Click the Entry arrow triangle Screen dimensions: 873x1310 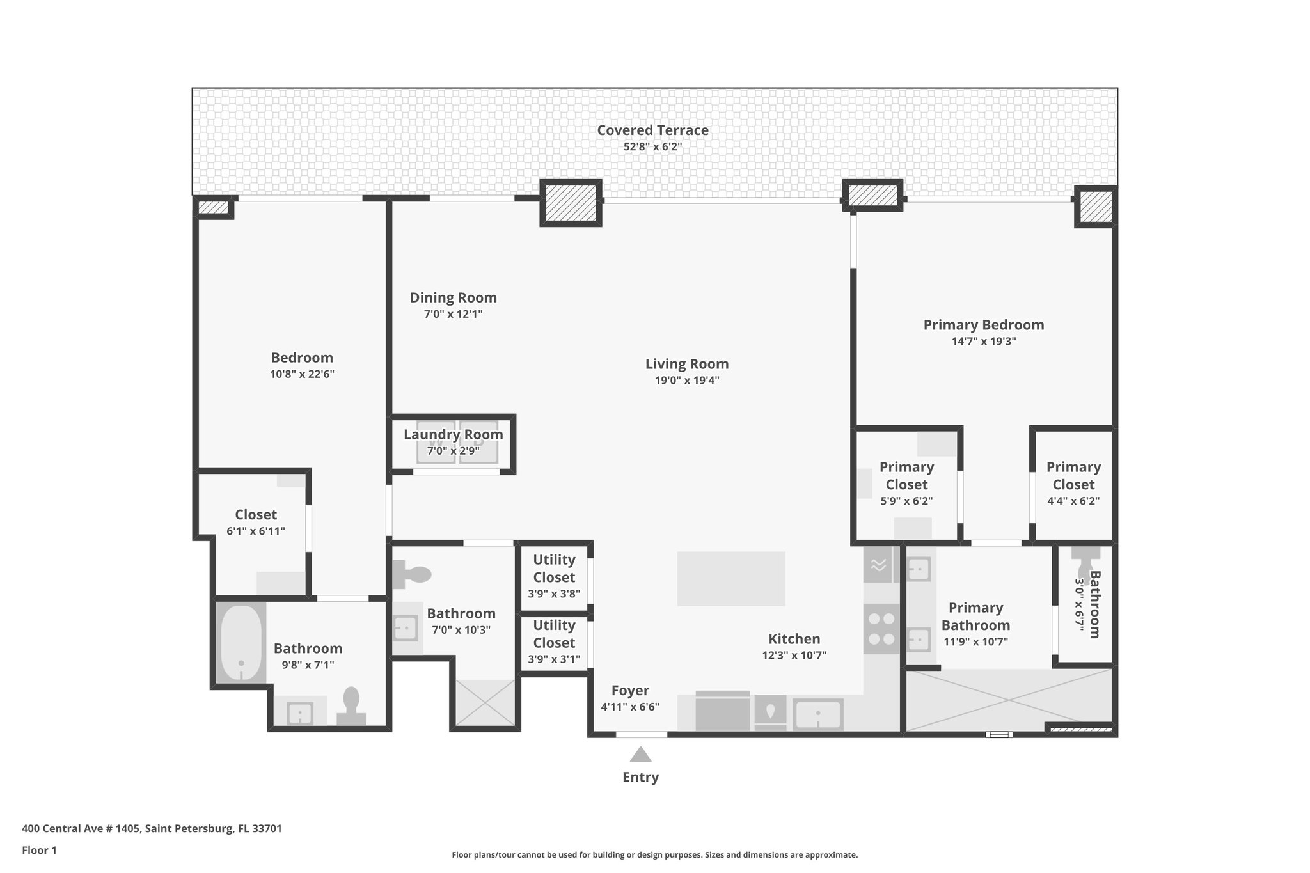click(640, 755)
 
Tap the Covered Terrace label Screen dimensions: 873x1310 click(652, 130)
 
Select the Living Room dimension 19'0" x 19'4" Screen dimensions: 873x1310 click(686, 381)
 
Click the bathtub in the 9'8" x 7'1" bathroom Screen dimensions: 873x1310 click(241, 643)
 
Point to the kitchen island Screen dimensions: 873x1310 click(731, 578)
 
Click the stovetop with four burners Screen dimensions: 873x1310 click(881, 629)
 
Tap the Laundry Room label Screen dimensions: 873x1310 click(453, 435)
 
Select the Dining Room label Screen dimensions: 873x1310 click(453, 297)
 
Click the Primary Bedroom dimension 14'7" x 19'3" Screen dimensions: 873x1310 click(983, 342)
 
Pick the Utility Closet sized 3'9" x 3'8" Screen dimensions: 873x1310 click(554, 576)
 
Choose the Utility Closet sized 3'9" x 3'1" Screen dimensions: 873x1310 click(554, 641)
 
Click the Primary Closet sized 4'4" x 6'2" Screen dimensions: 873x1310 click(1073, 484)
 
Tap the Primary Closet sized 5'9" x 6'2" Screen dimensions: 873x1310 click(906, 484)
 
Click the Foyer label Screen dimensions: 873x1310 click(630, 691)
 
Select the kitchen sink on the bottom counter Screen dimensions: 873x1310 click(817, 714)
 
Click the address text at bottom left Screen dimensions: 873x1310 click(152, 829)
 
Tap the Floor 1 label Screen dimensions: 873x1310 click(39, 851)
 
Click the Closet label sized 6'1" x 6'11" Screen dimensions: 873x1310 click(256, 515)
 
